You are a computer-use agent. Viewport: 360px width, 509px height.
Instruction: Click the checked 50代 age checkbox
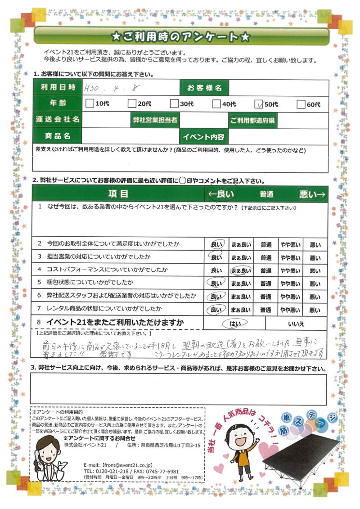point(258,104)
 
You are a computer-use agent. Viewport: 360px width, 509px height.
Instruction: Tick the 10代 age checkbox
point(89,104)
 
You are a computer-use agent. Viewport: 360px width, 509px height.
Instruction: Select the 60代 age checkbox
point(301,104)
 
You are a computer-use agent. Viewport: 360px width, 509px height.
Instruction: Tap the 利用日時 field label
point(58,88)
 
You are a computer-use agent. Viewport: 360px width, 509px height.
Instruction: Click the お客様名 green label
point(204,88)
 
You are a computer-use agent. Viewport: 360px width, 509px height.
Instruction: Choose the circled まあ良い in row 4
point(241,270)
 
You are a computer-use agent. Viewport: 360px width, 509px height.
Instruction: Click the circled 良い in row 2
point(216,244)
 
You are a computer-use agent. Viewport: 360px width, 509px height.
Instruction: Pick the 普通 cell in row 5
point(265,284)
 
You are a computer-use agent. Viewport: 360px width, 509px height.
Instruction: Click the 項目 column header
point(118,194)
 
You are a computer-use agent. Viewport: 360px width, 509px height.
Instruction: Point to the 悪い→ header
point(312,194)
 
